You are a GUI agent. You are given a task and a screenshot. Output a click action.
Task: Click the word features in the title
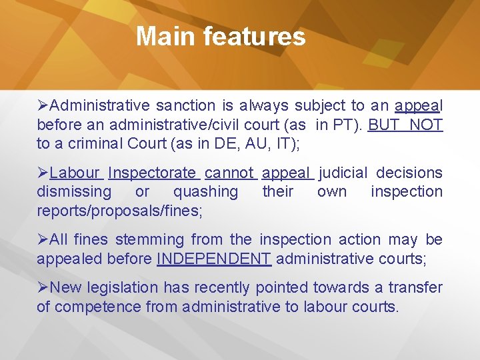(x=254, y=36)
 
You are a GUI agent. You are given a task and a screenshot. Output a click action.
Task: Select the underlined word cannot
(x=229, y=173)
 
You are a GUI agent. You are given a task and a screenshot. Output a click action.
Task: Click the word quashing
(x=205, y=192)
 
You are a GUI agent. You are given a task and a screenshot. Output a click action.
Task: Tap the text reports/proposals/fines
(x=120, y=211)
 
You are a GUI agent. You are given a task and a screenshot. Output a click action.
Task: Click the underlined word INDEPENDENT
(x=214, y=258)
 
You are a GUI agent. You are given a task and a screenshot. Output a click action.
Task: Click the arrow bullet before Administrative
(x=43, y=105)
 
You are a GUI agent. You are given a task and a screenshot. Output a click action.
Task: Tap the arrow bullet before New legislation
(x=43, y=287)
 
